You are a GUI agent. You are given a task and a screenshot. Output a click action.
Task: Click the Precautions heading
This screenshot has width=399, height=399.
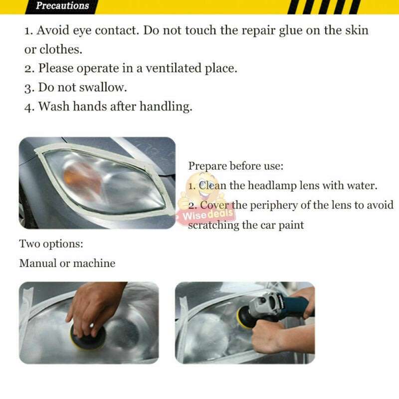(62, 6)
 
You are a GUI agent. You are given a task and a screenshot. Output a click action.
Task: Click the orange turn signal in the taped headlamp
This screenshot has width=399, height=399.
(82, 177)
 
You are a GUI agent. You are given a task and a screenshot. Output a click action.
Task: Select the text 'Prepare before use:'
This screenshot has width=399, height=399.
(235, 166)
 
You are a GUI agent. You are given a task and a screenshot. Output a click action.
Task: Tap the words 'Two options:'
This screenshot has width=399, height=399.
(51, 244)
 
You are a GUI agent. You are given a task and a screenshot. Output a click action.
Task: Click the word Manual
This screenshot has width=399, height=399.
(37, 263)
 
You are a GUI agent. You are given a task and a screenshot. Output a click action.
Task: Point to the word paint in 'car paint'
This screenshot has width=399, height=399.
(290, 225)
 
